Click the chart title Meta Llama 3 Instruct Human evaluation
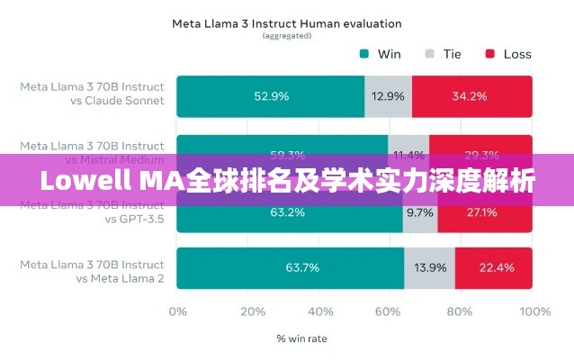pyautogui.click(x=286, y=23)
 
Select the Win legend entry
pyautogui.click(x=381, y=54)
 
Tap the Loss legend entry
pyautogui.click(x=508, y=54)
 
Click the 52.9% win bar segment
pyautogui.click(x=271, y=95)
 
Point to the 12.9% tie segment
pyautogui.click(x=389, y=95)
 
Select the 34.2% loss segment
pyautogui.click(x=471, y=95)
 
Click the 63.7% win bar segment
pyautogui.click(x=290, y=267)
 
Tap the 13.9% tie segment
pyautogui.click(x=429, y=267)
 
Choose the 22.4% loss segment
pyautogui.click(x=493, y=267)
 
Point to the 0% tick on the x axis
pyautogui.click(x=178, y=311)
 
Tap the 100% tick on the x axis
pyautogui.click(x=534, y=311)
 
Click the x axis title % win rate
pyautogui.click(x=301, y=339)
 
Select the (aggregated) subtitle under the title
pyautogui.click(x=286, y=36)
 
